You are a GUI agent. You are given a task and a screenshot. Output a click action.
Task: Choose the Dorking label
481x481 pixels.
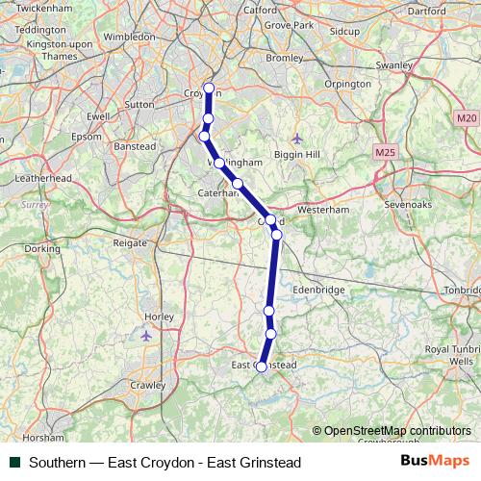[41, 249]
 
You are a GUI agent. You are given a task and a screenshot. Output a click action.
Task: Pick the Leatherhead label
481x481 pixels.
[44, 179]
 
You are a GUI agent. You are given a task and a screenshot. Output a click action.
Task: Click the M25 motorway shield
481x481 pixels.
[386, 152]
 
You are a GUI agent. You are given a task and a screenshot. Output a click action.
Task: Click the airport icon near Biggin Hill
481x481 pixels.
[296, 139]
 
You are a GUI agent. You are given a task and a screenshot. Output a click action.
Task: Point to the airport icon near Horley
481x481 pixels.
[146, 336]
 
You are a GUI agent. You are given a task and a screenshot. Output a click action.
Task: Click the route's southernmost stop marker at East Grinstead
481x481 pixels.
[261, 367]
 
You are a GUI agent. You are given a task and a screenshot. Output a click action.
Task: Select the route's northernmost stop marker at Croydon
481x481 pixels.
[209, 89]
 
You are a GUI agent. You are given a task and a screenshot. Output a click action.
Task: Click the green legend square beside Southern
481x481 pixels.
[14, 462]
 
